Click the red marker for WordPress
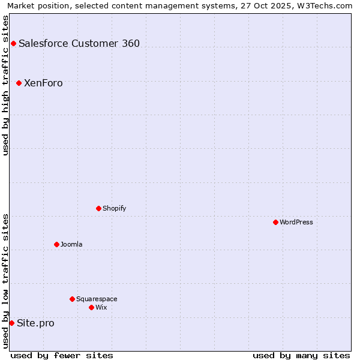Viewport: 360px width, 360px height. point(275,222)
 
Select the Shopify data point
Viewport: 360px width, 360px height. point(98,208)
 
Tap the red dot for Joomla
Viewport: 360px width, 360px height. point(56,244)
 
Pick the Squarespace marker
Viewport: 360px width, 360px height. point(72,299)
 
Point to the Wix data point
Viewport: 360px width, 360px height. point(91,307)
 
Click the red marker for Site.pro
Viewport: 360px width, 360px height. point(11,323)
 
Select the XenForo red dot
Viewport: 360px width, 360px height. point(19,83)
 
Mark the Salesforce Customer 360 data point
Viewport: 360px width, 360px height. point(13,43)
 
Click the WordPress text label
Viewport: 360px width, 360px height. point(296,222)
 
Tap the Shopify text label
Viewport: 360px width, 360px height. point(115,208)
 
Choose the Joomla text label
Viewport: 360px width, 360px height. point(71,244)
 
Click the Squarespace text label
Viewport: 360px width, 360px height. point(97,299)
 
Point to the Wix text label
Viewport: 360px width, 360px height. point(101,307)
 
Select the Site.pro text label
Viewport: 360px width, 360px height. point(35,323)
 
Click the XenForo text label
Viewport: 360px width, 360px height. point(43,83)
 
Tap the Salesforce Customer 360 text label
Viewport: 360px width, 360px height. point(79,43)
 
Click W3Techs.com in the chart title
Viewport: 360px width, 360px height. point(328,5)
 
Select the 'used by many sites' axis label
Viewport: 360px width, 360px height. point(301,355)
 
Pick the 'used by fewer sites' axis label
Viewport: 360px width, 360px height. point(62,355)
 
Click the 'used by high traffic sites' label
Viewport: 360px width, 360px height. point(5,85)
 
